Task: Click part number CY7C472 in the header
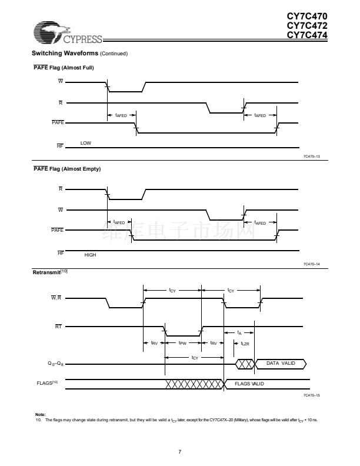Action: tap(307, 26)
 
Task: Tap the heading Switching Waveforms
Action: tap(65, 54)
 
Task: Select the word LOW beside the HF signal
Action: tap(86, 143)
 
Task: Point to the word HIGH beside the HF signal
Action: tap(90, 255)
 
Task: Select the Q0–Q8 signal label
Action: tap(57, 364)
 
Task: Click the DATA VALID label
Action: tap(281, 363)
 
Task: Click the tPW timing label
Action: tap(182, 342)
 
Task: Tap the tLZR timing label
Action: tap(245, 342)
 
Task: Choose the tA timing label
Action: tap(239, 332)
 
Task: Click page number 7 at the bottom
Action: tap(180, 451)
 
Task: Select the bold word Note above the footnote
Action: tap(40, 414)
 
